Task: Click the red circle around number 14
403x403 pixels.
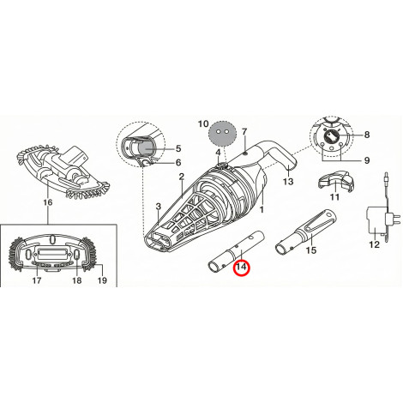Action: click(x=242, y=268)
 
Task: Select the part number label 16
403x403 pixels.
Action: click(x=48, y=202)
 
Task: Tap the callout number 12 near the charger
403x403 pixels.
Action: click(x=374, y=244)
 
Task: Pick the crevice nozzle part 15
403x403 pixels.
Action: click(x=305, y=233)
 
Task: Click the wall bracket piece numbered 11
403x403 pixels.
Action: click(x=335, y=181)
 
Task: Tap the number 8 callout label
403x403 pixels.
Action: click(x=367, y=135)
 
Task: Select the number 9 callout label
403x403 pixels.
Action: click(x=367, y=160)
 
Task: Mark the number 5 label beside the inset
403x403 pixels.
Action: click(x=178, y=148)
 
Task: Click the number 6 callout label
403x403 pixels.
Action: click(x=178, y=162)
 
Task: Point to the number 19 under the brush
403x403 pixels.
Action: click(x=102, y=280)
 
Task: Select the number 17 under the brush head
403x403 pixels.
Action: click(x=37, y=280)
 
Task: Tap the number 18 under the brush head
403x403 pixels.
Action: click(x=76, y=280)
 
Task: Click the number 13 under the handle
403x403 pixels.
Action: click(x=288, y=181)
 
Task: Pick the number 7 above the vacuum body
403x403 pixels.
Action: click(x=244, y=132)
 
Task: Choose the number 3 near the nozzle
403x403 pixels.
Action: click(x=159, y=207)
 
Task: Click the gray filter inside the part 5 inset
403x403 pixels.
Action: click(x=147, y=148)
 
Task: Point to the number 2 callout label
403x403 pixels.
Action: click(x=182, y=177)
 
